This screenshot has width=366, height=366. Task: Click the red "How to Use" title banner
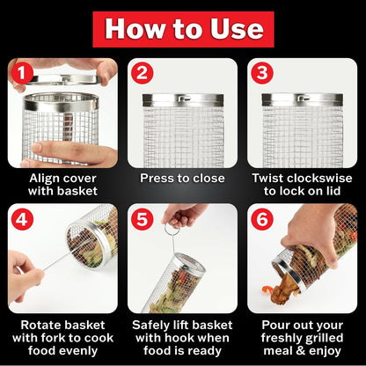(x=183, y=29)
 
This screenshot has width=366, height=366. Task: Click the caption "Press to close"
(x=182, y=177)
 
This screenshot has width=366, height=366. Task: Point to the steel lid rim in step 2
(x=182, y=99)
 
